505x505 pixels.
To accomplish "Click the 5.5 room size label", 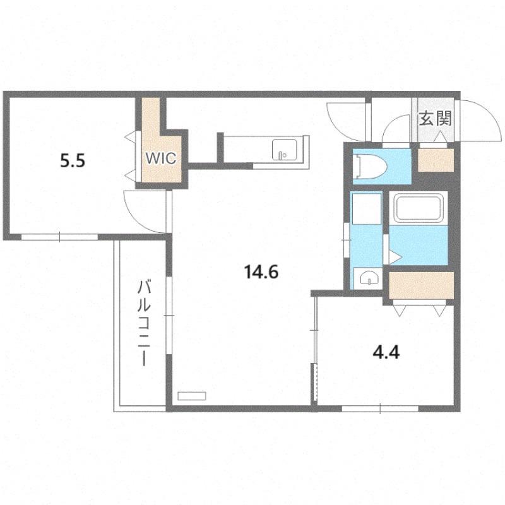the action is pos(73,160).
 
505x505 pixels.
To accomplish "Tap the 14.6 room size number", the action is pos(261,272).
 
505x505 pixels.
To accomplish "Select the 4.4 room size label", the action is pos(386,353).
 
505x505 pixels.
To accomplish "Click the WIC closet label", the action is pos(161,158).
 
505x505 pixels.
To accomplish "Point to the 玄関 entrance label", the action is pos(435,119).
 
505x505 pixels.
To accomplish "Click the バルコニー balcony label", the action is pos(144,323).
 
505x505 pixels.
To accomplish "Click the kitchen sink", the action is pos(284,150).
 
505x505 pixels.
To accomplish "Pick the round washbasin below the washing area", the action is pos(368,278).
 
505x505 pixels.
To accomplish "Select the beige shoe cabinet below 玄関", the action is pos(436,160).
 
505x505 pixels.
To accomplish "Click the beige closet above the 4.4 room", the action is pos(421,285).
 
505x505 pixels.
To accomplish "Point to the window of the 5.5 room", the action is pos(59,237).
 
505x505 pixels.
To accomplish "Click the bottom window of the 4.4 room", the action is pos(380,408).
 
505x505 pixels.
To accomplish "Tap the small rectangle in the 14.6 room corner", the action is pos(192,396).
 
